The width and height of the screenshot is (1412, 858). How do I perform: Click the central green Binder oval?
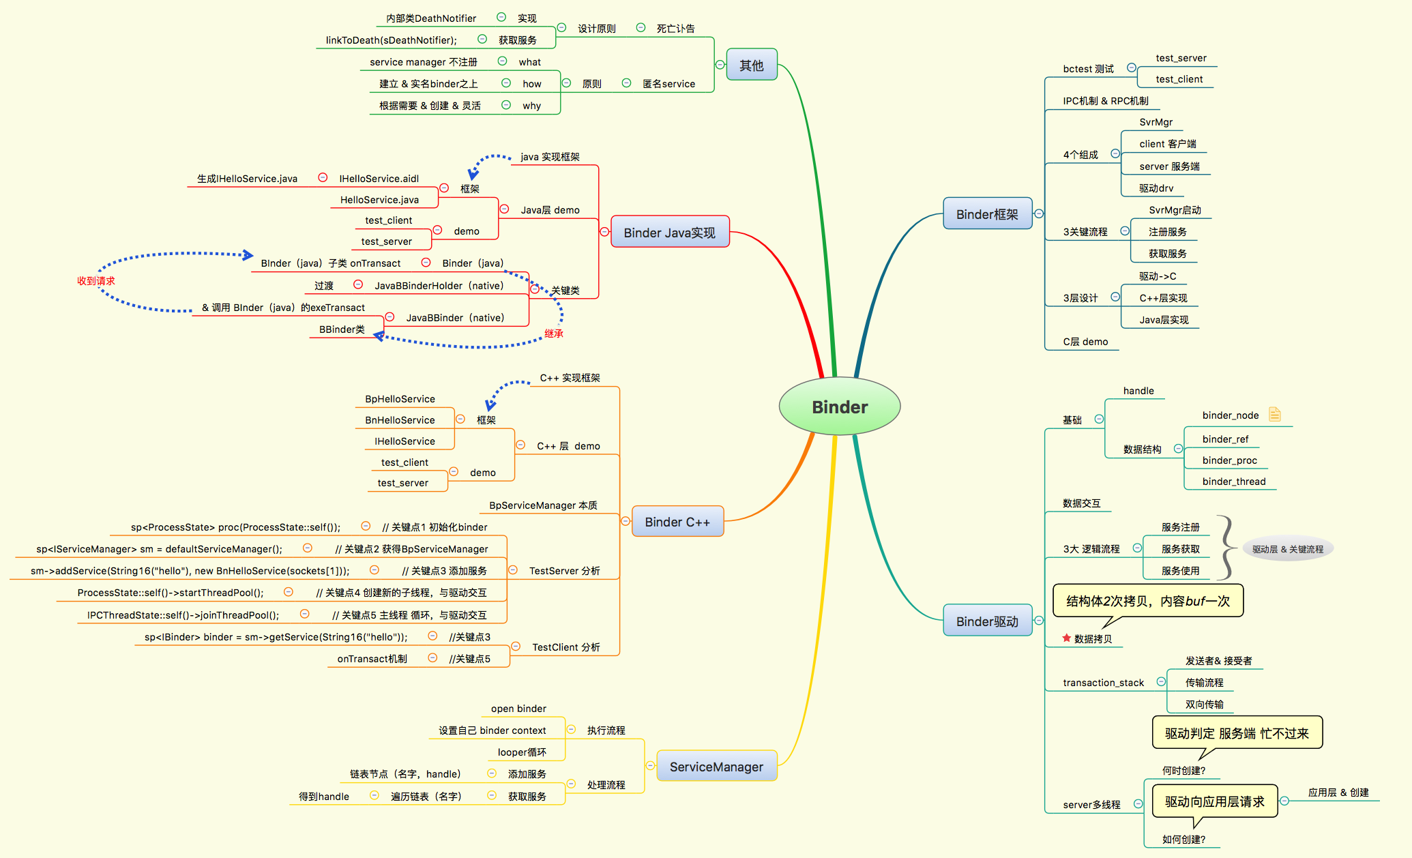coord(839,406)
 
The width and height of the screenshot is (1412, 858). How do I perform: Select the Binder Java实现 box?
coord(669,233)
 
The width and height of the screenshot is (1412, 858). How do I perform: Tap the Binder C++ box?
coord(677,522)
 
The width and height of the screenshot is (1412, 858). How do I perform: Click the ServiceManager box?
coord(716,767)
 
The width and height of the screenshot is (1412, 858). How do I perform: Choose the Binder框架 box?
coord(986,214)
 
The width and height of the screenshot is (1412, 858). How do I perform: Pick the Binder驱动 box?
coord(986,621)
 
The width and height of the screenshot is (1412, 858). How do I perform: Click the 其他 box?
coord(751,65)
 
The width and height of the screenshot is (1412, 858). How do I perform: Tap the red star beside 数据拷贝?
coord(1066,638)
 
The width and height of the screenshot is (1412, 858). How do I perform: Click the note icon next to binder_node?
coord(1274,414)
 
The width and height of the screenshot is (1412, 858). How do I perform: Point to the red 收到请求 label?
coord(95,281)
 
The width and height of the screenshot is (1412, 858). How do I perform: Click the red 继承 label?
coord(554,334)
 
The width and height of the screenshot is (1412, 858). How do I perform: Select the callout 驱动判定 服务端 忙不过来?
coord(1236,733)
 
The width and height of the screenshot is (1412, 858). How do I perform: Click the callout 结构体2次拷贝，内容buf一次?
coord(1147,601)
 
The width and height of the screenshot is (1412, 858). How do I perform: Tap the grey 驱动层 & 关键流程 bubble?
coord(1287,549)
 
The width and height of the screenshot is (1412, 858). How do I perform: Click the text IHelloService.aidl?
coord(379,179)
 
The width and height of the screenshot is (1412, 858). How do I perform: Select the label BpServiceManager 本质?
coord(543,505)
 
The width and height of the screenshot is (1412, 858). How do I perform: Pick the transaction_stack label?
coord(1103,683)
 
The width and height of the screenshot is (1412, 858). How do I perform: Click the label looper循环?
coord(522,752)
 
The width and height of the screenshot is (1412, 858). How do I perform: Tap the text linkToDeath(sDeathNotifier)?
coord(391,40)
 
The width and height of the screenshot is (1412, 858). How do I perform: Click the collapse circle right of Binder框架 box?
coord(1039,213)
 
